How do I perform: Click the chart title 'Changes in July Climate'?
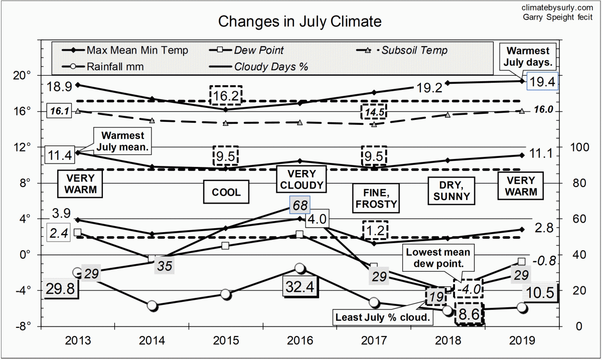click(x=299, y=22)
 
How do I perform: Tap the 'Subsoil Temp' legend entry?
click(x=414, y=50)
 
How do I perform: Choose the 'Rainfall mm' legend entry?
click(x=115, y=66)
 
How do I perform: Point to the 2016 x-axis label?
click(x=299, y=341)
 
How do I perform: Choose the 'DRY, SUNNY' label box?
click(x=452, y=190)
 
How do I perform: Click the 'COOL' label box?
click(x=226, y=192)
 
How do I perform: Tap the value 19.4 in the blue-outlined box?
click(x=543, y=82)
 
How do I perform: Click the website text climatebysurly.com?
click(x=557, y=7)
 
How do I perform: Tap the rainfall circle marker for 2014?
click(x=153, y=305)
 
